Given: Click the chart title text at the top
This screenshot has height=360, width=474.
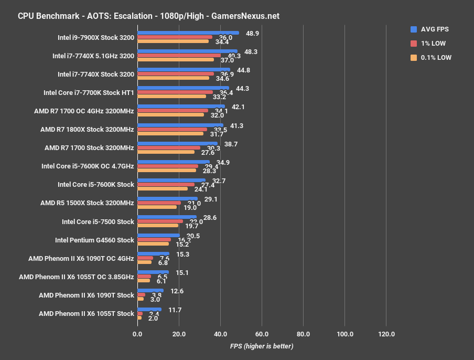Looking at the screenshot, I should click(148, 16).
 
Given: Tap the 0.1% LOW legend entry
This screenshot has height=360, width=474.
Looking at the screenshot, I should click(436, 58).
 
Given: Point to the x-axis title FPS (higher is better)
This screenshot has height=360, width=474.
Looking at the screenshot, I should click(261, 346).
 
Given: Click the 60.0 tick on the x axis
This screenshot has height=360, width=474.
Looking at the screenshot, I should click(262, 334).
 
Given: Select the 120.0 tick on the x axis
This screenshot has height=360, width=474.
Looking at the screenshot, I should click(386, 334).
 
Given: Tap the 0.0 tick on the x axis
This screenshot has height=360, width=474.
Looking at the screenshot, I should click(137, 334).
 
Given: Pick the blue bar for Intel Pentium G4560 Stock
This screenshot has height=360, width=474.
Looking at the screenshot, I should click(158, 236).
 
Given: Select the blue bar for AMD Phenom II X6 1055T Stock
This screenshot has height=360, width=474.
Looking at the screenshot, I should click(149, 310).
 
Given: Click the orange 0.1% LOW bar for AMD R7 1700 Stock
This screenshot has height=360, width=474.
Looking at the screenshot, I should click(166, 152).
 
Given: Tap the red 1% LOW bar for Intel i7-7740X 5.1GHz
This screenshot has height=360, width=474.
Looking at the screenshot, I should click(179, 55).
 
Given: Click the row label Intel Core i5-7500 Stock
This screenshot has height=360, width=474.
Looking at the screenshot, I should click(98, 221).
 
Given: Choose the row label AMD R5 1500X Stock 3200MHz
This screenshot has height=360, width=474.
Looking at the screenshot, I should click(87, 203).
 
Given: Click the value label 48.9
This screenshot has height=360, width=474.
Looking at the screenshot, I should click(253, 33).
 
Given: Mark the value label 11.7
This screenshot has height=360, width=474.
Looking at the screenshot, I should click(175, 310).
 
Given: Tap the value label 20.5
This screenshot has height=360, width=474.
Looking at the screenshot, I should click(193, 236).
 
